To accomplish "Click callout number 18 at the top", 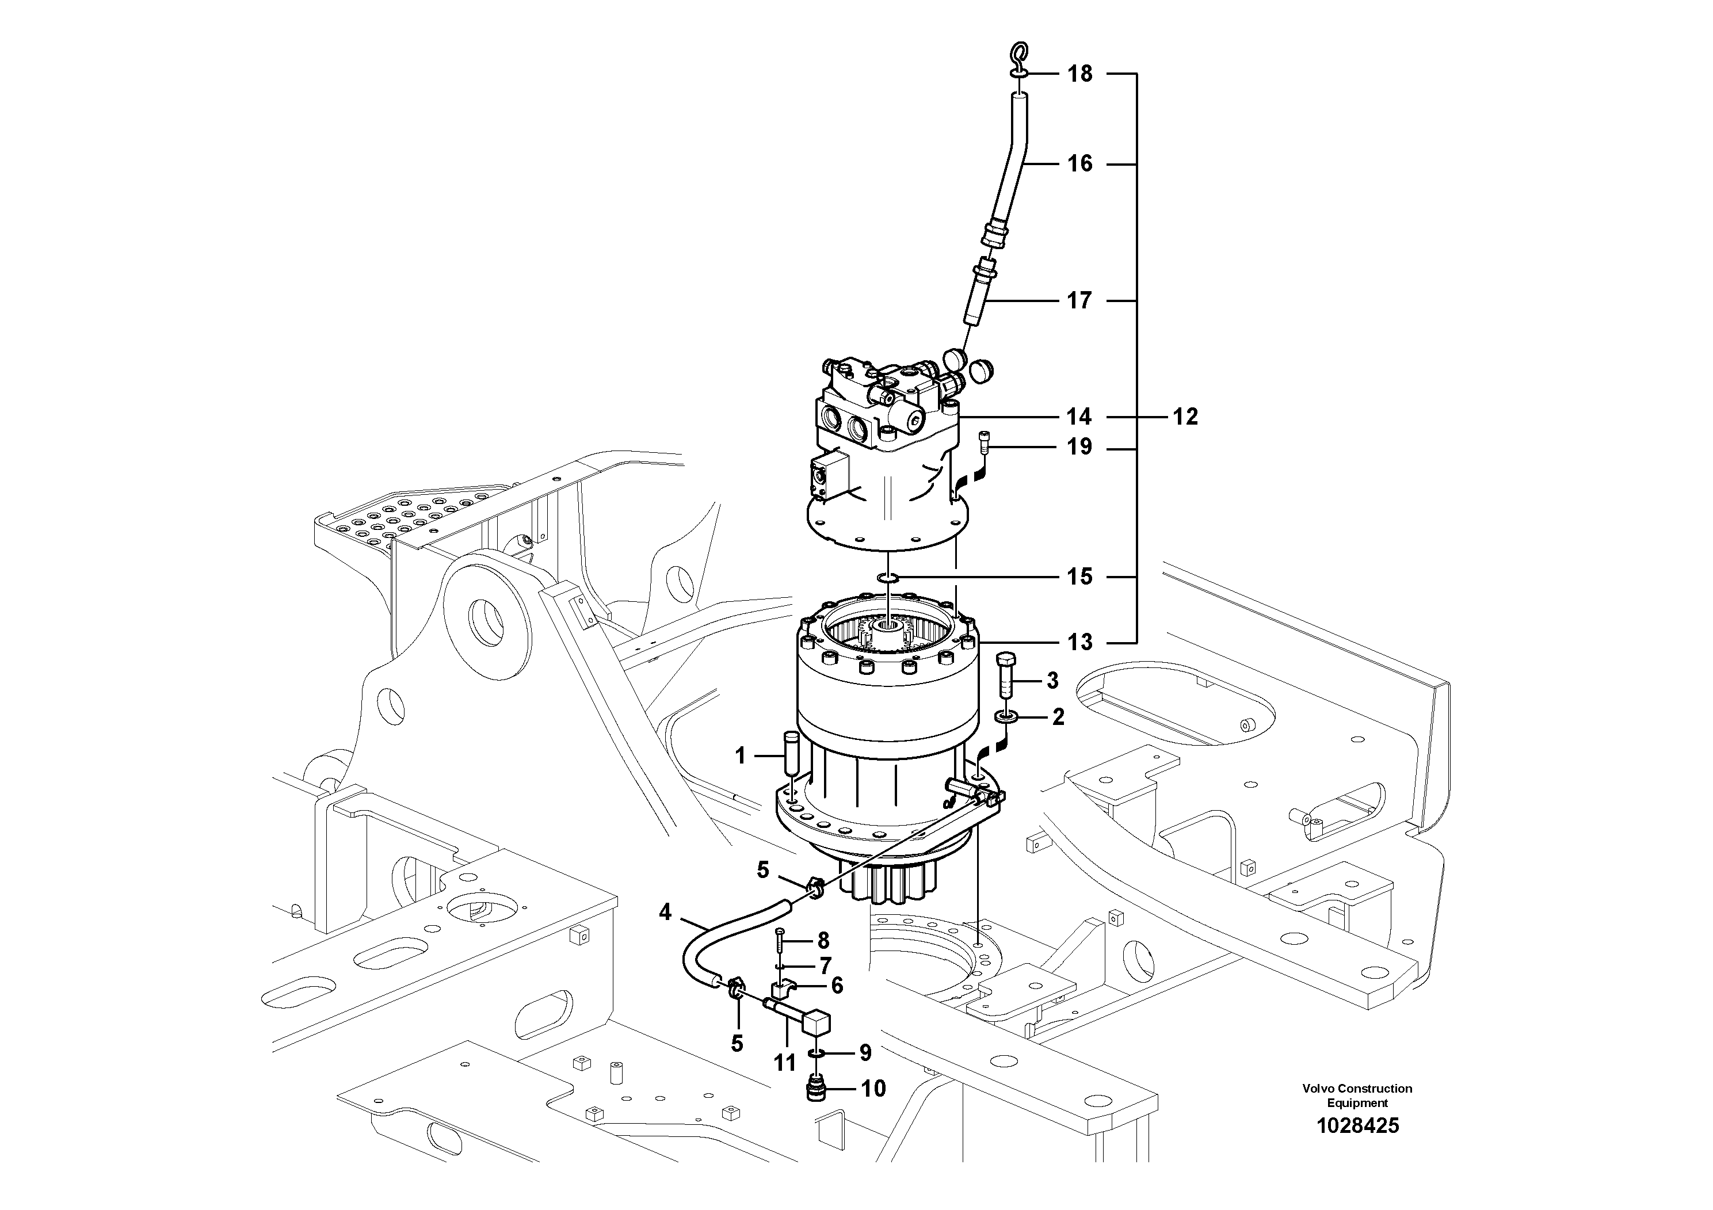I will click(x=1079, y=74).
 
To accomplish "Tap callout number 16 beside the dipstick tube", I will click(x=1079, y=163).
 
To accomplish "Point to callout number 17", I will click(x=1079, y=301).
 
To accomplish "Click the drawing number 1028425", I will click(x=1357, y=1125).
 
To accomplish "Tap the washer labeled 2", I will click(x=1006, y=717).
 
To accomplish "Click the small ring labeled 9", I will click(x=818, y=1052).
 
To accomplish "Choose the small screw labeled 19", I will click(x=983, y=446).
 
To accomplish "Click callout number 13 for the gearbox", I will click(x=1079, y=642).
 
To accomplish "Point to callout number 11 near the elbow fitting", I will click(x=785, y=1062).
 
